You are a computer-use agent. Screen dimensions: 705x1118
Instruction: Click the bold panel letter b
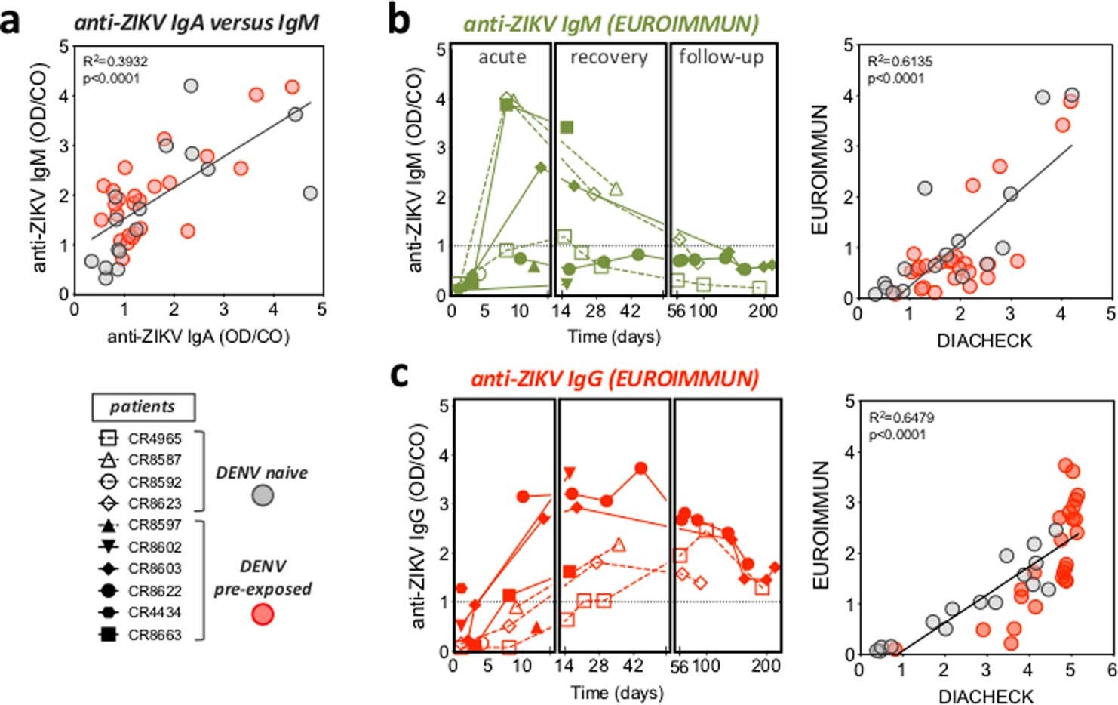click(x=400, y=20)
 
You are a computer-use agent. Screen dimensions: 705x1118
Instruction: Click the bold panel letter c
click(x=400, y=375)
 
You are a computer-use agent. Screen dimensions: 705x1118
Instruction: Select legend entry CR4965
click(x=154, y=439)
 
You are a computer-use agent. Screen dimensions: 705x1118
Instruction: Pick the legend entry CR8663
click(x=154, y=635)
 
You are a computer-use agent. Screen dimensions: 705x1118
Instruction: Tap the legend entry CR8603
click(x=154, y=568)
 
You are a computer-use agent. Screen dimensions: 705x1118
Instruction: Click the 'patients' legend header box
click(x=142, y=407)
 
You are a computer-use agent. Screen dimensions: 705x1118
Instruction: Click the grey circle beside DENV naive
click(x=262, y=495)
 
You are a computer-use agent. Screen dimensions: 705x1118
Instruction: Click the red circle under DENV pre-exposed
click(x=262, y=614)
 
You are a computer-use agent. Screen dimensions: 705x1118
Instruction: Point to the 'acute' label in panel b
click(x=502, y=57)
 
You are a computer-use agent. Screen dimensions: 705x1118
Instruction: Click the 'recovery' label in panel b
click(x=609, y=58)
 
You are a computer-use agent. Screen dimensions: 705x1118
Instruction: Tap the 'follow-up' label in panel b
click(x=722, y=57)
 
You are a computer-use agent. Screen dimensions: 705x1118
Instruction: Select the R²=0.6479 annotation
click(x=901, y=417)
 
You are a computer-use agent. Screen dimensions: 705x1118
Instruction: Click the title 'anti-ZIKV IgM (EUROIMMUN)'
click(x=610, y=23)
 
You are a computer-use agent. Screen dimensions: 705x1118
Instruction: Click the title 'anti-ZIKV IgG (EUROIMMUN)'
click(x=614, y=378)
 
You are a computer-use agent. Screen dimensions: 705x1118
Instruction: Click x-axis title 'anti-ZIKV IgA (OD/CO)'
click(x=198, y=337)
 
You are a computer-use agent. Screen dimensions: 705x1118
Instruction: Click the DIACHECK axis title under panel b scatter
click(x=984, y=340)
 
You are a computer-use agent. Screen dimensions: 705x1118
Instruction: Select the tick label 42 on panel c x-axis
click(x=634, y=666)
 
